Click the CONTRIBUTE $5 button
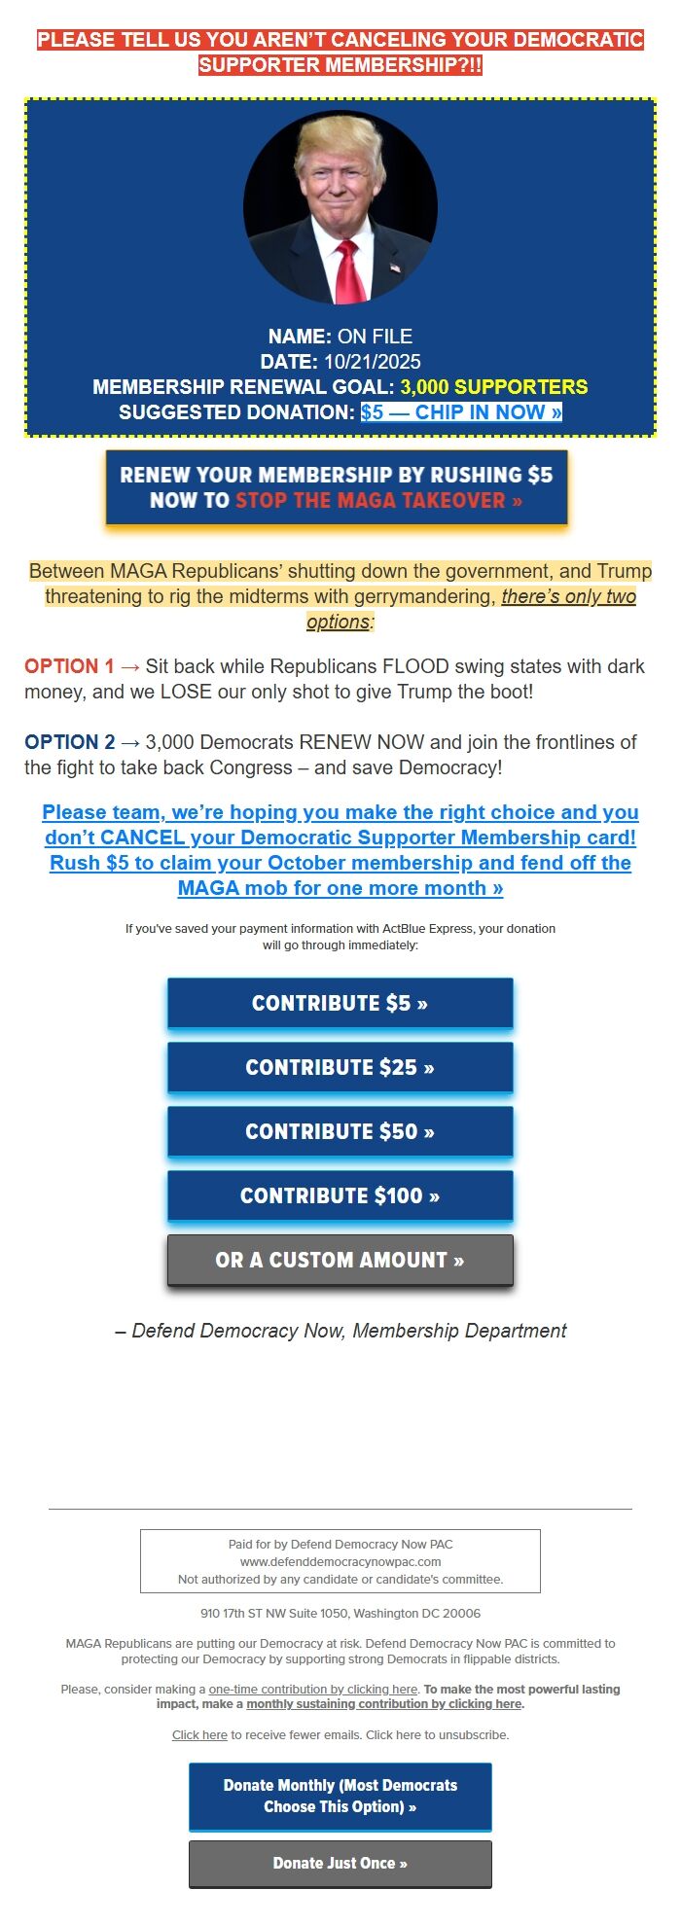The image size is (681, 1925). pos(340,1004)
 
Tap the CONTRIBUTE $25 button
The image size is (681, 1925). pos(340,1068)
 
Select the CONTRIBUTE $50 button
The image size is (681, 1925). pos(340,1132)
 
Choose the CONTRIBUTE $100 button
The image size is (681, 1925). pos(340,1196)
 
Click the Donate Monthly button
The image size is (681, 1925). pos(340,1796)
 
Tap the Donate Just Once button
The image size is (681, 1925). pos(340,1864)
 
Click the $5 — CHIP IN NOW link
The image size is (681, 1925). pos(461,412)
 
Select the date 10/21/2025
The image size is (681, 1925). pos(373,362)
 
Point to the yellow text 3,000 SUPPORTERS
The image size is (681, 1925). pos(494,387)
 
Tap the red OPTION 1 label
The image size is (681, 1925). pos(69,666)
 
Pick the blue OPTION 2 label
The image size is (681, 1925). pos(69,742)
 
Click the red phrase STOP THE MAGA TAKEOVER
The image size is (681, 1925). pos(378,501)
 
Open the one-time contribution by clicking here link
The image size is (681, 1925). pos(313,1690)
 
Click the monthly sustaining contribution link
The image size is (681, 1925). pos(384,1704)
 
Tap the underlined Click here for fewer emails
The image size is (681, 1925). pos(199,1735)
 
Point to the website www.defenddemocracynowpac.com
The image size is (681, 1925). pos(340,1562)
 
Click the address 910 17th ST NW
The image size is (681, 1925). pos(340,1613)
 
